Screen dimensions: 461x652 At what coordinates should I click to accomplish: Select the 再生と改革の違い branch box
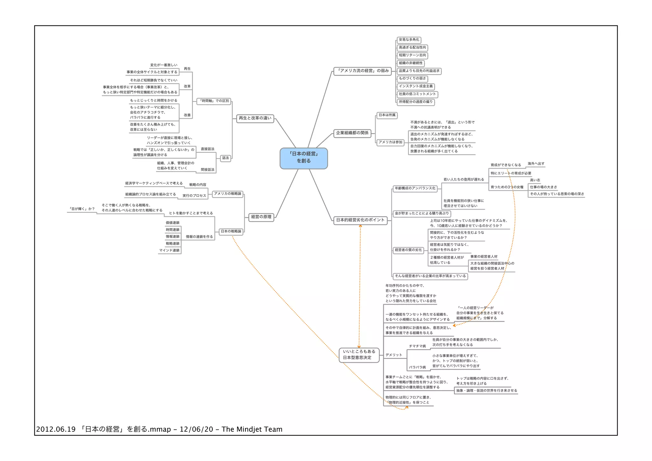255,119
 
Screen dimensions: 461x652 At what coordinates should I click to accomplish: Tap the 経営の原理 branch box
261,217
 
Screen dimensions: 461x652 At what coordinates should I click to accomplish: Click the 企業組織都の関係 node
352,133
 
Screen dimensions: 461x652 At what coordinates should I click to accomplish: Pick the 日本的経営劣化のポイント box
360,220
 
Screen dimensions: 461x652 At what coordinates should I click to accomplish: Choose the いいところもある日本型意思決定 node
359,355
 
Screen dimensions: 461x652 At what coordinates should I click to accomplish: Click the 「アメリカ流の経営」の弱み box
363,71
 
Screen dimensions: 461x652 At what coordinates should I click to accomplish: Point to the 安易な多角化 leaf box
409,40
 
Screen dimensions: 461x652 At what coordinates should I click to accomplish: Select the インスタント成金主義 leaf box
415,86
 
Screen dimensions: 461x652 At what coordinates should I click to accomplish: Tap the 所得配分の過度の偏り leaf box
415,102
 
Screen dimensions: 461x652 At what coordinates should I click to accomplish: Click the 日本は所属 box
387,115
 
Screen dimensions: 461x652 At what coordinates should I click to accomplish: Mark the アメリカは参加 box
390,142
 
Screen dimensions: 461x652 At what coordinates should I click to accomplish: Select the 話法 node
225,158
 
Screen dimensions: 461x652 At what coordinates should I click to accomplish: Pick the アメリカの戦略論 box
227,194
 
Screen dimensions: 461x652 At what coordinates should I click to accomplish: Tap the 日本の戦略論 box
231,232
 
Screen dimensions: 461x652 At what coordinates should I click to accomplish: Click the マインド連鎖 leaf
169,251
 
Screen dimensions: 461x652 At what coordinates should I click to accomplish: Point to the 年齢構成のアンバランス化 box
415,189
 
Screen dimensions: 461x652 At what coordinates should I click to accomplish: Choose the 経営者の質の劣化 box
408,250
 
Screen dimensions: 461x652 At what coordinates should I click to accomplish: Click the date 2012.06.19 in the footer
56,429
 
